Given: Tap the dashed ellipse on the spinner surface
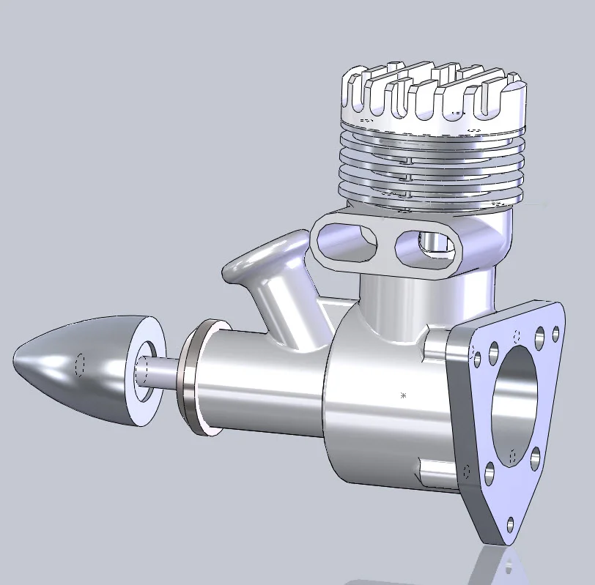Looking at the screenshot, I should click(81, 364).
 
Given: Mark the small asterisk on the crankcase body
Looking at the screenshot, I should click(403, 395).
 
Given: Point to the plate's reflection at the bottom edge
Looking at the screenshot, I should click(506, 567).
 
